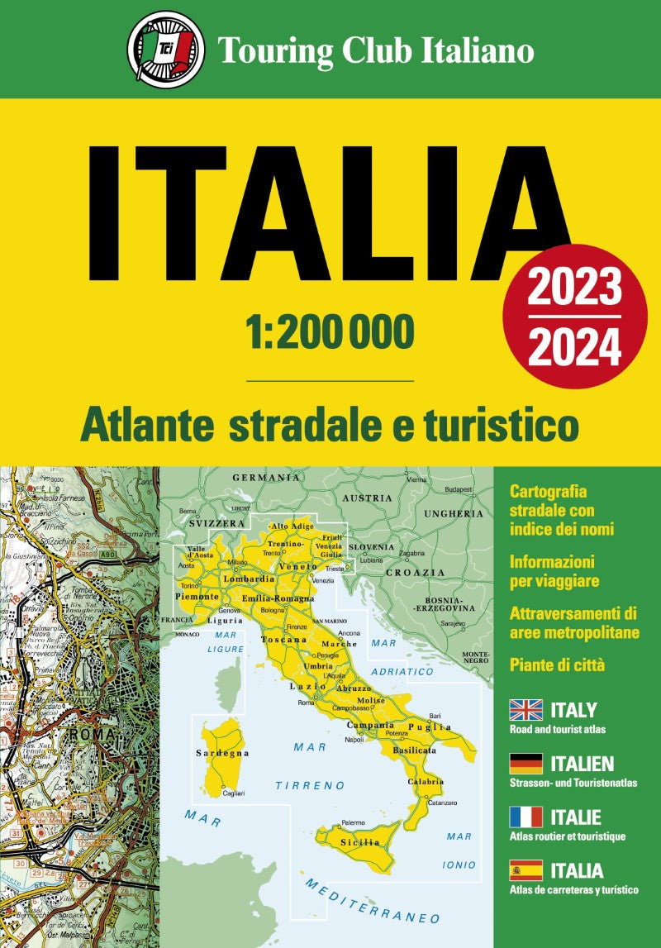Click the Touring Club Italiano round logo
pyautogui.click(x=166, y=49)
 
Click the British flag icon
pyautogui.click(x=525, y=710)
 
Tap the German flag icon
pyautogui.click(x=525, y=764)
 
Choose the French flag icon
pyautogui.click(x=525, y=817)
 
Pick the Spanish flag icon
pyautogui.click(x=525, y=870)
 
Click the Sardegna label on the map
pyautogui.click(x=222, y=754)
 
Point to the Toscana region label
pyautogui.click(x=283, y=640)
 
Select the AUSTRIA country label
pyautogui.click(x=367, y=498)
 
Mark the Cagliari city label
pyautogui.click(x=234, y=793)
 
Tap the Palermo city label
pyautogui.click(x=353, y=822)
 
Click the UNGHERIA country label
pyautogui.click(x=454, y=513)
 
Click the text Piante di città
pyautogui.click(x=559, y=663)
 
